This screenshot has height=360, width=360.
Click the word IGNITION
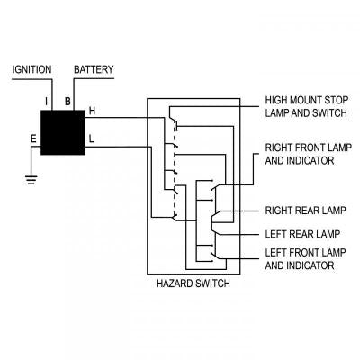tap(32, 69)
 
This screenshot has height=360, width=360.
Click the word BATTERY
tap(94, 69)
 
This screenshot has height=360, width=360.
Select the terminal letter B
tap(67, 101)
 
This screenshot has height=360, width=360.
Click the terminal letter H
tap(91, 112)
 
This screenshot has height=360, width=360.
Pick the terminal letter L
tap(91, 139)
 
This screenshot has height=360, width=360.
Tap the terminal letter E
tap(33, 139)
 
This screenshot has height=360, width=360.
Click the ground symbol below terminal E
tap(31, 178)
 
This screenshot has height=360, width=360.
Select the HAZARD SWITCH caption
tap(193, 283)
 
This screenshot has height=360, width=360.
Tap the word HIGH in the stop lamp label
tap(276, 100)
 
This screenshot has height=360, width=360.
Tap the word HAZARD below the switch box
tap(175, 283)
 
